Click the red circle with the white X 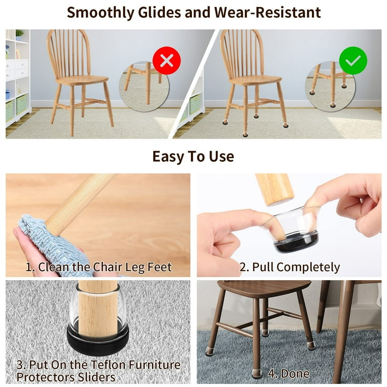click(167, 60)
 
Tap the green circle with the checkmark click(353, 60)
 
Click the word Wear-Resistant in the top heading click(267, 12)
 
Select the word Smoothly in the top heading click(100, 13)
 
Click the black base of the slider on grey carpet click(98, 337)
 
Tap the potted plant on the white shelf click(19, 35)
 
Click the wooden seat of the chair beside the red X click(82, 80)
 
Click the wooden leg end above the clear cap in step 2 click(275, 189)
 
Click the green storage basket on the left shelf click(22, 104)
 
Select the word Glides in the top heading click(159, 12)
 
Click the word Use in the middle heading click(222, 157)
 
